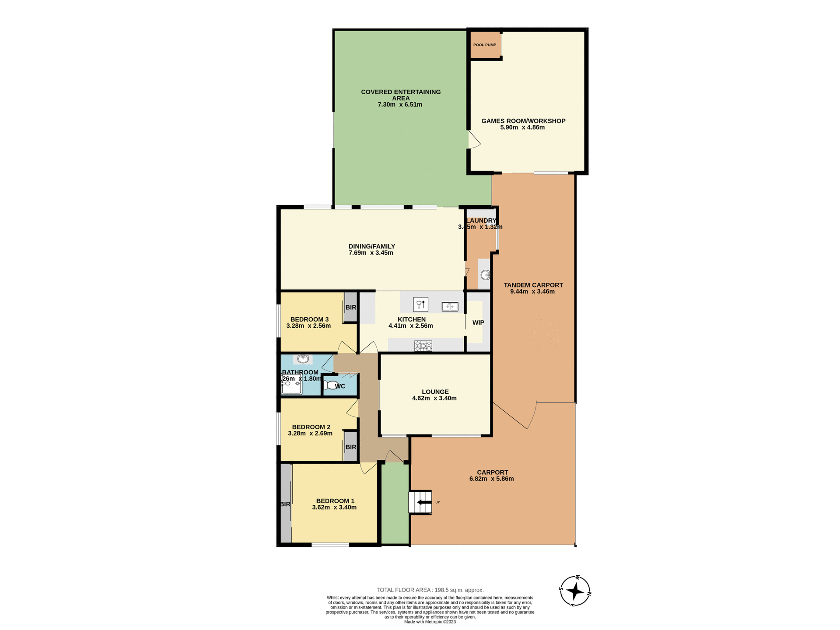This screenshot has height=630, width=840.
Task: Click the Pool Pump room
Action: coord(485,45)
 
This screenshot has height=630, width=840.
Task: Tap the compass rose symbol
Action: coord(575,591)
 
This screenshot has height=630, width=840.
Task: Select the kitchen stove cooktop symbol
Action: coord(423,346)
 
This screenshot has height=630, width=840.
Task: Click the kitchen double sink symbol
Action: coord(450,306)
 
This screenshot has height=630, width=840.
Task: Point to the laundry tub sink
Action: coord(485,275)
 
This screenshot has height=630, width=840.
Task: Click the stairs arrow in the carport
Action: coord(423,502)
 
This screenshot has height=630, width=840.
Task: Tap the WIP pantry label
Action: coord(478,322)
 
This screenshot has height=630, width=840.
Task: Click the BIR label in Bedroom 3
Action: coord(350,308)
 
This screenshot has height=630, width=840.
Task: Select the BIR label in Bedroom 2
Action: coord(350,447)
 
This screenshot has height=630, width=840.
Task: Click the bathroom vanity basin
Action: coord(303,359)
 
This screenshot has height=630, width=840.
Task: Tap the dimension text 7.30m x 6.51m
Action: coord(399,105)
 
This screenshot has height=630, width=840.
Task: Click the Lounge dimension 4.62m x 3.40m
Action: coord(434,398)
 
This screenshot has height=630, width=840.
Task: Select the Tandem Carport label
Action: coord(533,285)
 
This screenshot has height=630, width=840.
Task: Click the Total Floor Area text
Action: coord(430,590)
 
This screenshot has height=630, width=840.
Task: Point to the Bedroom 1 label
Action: coord(335,501)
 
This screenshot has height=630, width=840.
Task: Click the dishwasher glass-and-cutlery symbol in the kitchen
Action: coord(420,304)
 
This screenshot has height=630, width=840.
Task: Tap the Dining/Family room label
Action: coord(371,246)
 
